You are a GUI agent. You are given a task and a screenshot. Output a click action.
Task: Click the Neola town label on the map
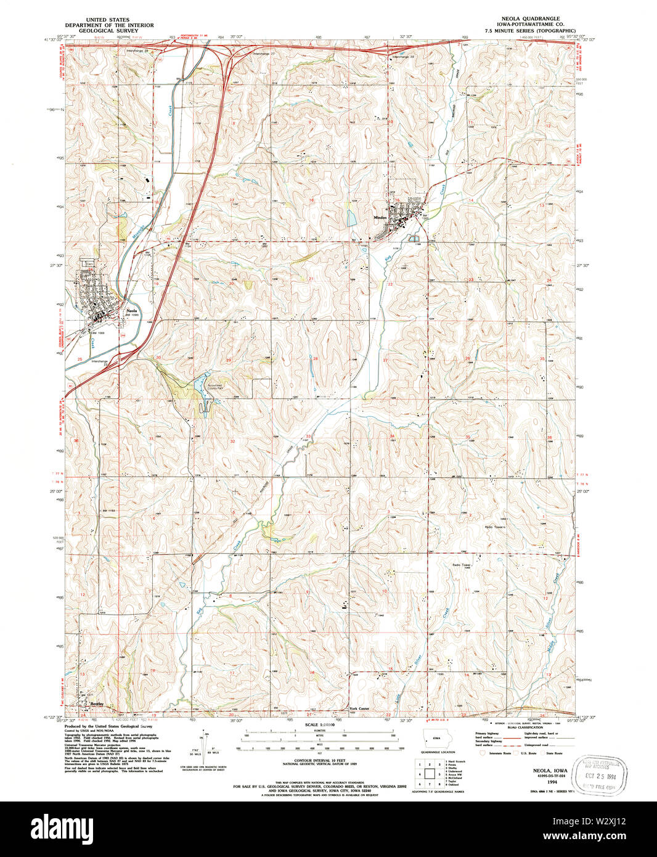[x=131, y=311]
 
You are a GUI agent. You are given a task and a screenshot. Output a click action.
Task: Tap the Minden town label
[x=380, y=218]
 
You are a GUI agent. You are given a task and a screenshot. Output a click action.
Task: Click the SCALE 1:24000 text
[x=319, y=725]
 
